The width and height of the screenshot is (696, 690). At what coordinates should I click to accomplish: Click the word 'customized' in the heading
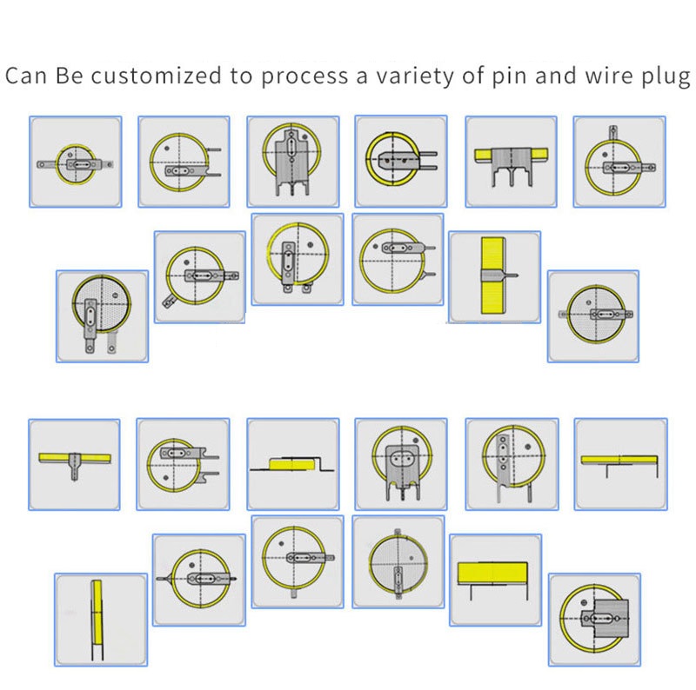point(157,76)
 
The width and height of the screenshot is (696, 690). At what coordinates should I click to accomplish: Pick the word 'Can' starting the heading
point(26,76)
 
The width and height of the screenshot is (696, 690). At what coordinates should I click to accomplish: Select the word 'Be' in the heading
point(70,76)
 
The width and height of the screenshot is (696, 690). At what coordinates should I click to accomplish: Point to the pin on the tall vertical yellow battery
point(510,275)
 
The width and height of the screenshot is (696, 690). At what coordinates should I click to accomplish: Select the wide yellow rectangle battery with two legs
point(492,573)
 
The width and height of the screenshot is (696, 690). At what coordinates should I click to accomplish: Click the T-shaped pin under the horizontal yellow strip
point(75,467)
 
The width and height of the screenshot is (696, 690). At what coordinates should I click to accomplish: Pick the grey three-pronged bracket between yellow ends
point(512,166)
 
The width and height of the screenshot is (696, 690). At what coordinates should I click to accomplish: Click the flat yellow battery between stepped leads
point(292,465)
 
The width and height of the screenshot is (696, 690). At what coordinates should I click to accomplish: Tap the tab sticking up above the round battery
point(613,133)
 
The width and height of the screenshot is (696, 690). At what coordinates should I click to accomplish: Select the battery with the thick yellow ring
point(394,160)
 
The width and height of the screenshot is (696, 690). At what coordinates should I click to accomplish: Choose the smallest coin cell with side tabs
point(76,163)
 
